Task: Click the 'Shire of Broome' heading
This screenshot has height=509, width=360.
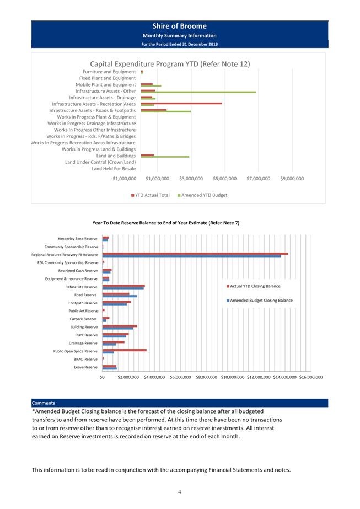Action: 180,26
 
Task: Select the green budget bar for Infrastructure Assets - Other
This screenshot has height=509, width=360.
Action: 198,92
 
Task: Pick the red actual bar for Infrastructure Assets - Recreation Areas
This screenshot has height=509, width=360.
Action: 181,103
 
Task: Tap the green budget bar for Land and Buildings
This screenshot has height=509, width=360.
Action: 165,157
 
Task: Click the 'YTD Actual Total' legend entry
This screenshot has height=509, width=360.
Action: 151,195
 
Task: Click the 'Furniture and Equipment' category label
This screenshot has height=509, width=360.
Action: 109,72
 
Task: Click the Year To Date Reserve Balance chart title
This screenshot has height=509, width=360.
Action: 165,222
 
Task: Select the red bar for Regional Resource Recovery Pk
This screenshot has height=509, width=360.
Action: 195,254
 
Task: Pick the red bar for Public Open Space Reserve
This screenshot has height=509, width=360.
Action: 124,350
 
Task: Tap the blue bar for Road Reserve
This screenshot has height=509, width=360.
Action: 120,296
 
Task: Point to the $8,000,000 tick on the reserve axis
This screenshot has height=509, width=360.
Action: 207,377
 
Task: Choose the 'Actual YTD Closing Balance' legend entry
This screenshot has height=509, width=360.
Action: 254,286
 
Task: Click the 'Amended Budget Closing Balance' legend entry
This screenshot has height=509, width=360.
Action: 260,300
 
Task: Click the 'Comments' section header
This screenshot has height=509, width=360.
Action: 43,403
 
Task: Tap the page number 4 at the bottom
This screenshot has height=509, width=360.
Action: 180,491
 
